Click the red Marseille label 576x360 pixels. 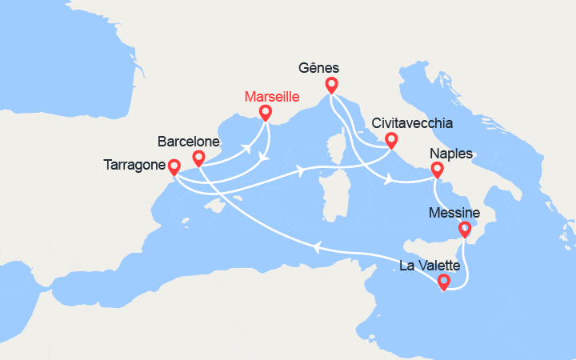coord(271,97)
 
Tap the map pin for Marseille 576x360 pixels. coord(266,114)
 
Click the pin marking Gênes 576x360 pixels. coord(331,85)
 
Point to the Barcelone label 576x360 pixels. coord(190,141)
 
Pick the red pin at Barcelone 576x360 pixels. coord(199,158)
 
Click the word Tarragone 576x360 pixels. coord(135,166)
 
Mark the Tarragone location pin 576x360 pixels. coord(173,166)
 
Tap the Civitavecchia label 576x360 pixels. coord(413,124)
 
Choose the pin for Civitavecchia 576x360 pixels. coord(391,141)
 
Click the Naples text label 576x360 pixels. coord(451,154)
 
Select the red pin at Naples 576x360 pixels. coord(438,170)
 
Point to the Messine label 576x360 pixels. coord(454,213)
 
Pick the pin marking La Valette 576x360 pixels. coord(444,282)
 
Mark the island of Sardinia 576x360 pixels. coord(333,196)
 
